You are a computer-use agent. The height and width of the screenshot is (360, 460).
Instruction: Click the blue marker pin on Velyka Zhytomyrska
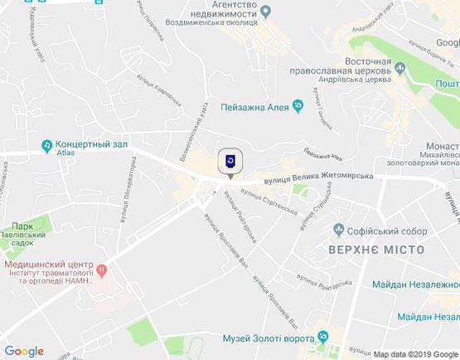coord(230,161)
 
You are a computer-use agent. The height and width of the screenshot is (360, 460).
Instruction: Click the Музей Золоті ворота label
coord(268,338)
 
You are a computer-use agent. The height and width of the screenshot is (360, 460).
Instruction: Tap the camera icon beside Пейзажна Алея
coord(300,105)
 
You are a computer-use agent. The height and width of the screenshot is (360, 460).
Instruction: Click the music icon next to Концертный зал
coord(46,147)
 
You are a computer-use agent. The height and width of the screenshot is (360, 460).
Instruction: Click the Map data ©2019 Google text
coord(414,353)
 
